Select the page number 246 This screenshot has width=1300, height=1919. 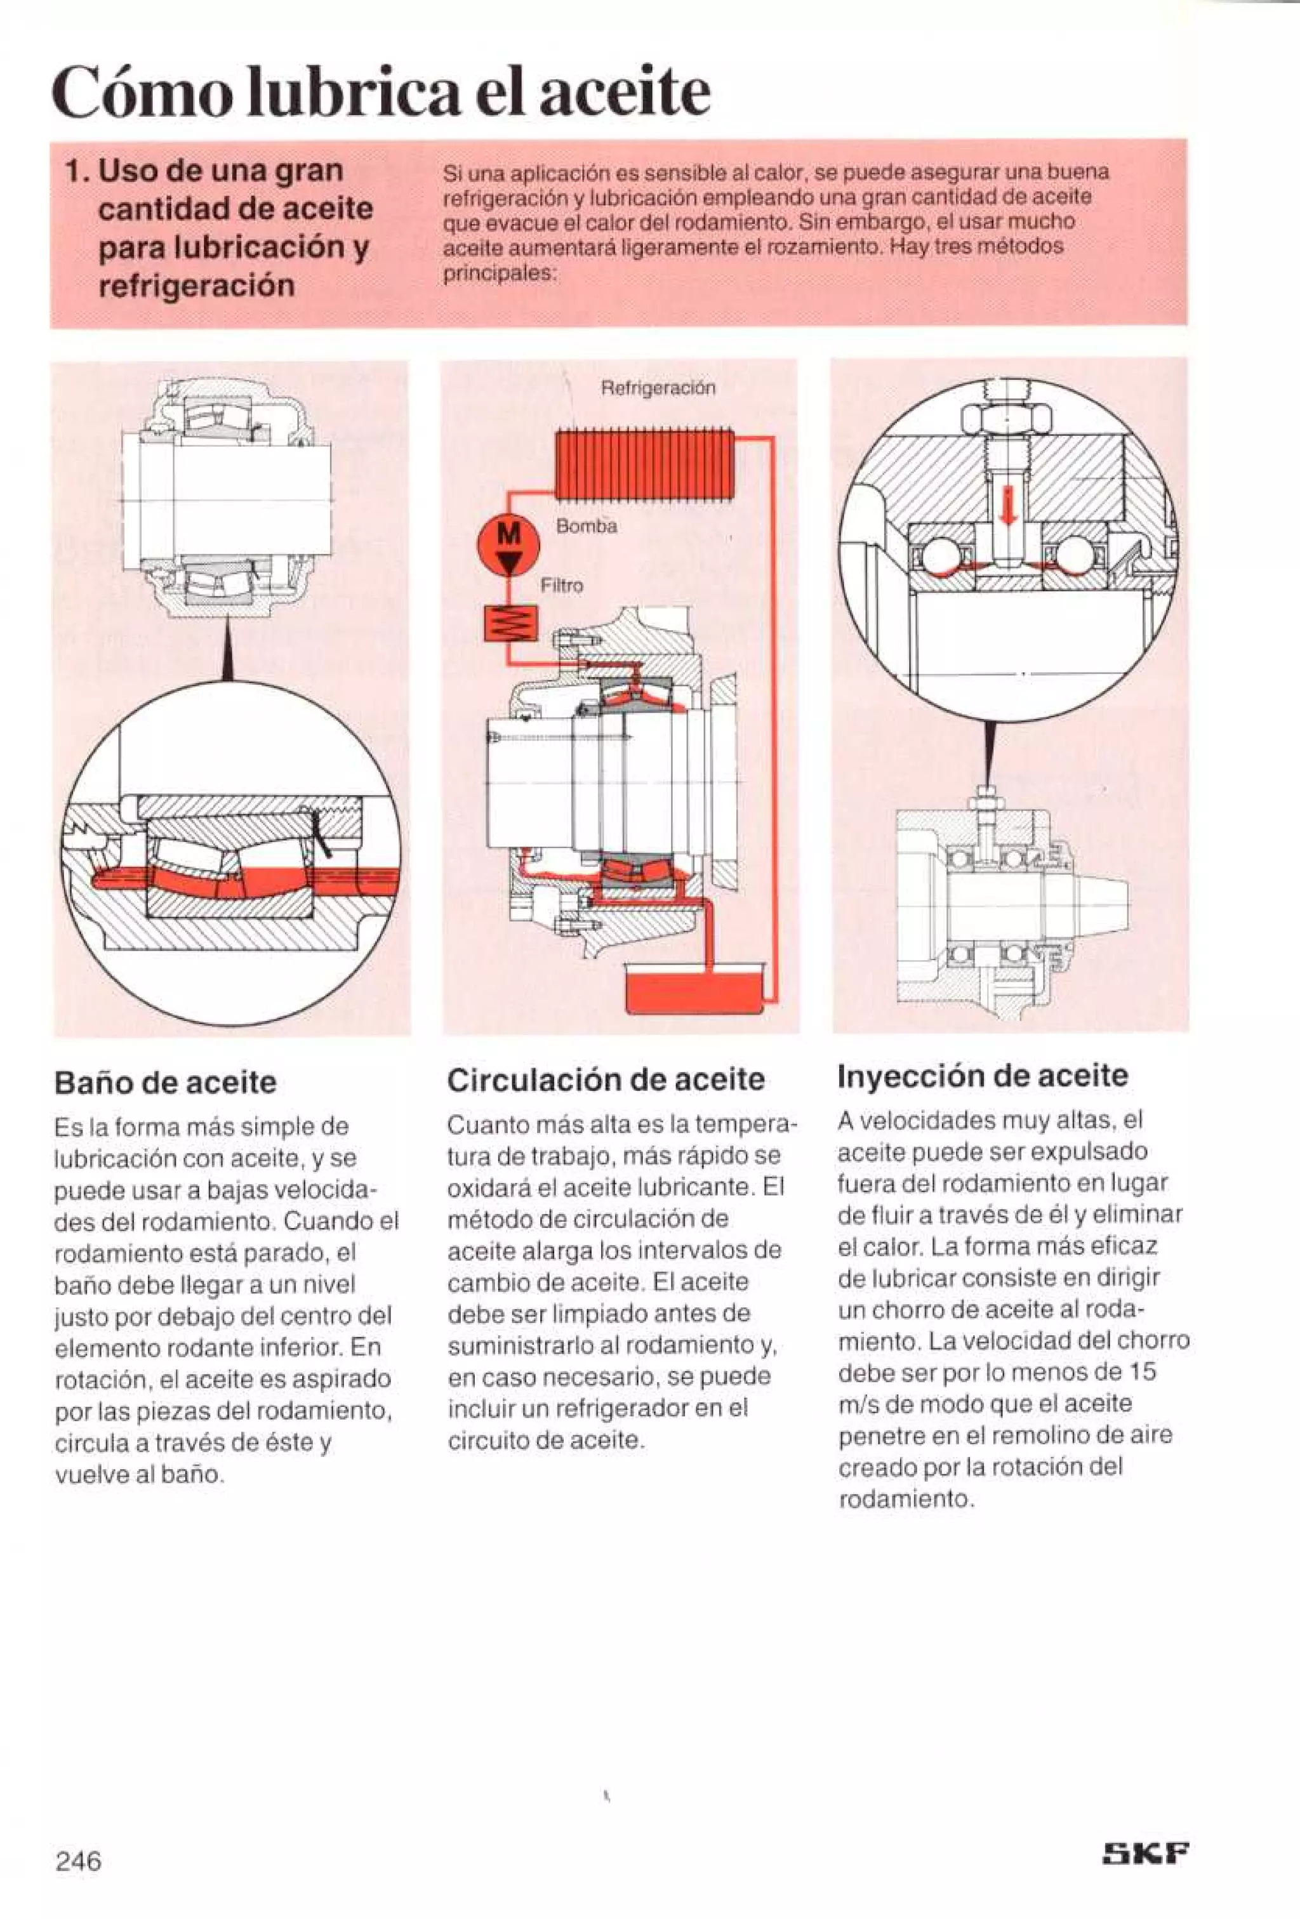tap(79, 1861)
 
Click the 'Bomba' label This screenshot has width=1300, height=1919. tap(587, 526)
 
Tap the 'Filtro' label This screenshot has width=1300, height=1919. tap(562, 586)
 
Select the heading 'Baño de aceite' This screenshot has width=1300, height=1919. tap(165, 1083)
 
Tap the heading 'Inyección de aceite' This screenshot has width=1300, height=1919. tap(982, 1075)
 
